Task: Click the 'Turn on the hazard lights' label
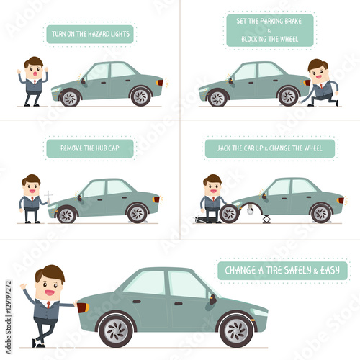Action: [90, 34]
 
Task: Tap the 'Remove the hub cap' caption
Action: [90, 148]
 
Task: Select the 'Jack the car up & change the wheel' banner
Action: [270, 148]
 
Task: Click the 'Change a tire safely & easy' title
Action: [282, 271]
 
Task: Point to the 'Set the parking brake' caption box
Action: [270, 30]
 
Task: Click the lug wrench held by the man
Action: [48, 197]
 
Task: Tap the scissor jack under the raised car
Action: [266, 220]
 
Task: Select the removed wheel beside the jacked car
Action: [229, 214]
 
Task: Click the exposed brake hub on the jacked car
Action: [251, 210]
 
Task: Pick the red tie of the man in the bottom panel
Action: [48, 305]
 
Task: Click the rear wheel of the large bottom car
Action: [116, 330]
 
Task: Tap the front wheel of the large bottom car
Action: [236, 330]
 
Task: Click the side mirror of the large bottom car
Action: [212, 300]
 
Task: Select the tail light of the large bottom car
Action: [83, 307]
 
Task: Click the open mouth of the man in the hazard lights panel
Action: [35, 74]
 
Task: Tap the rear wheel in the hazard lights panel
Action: [140, 96]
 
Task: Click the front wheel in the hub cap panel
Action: [66, 215]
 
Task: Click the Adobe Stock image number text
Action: [9, 318]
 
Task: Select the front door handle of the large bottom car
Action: [179, 304]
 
